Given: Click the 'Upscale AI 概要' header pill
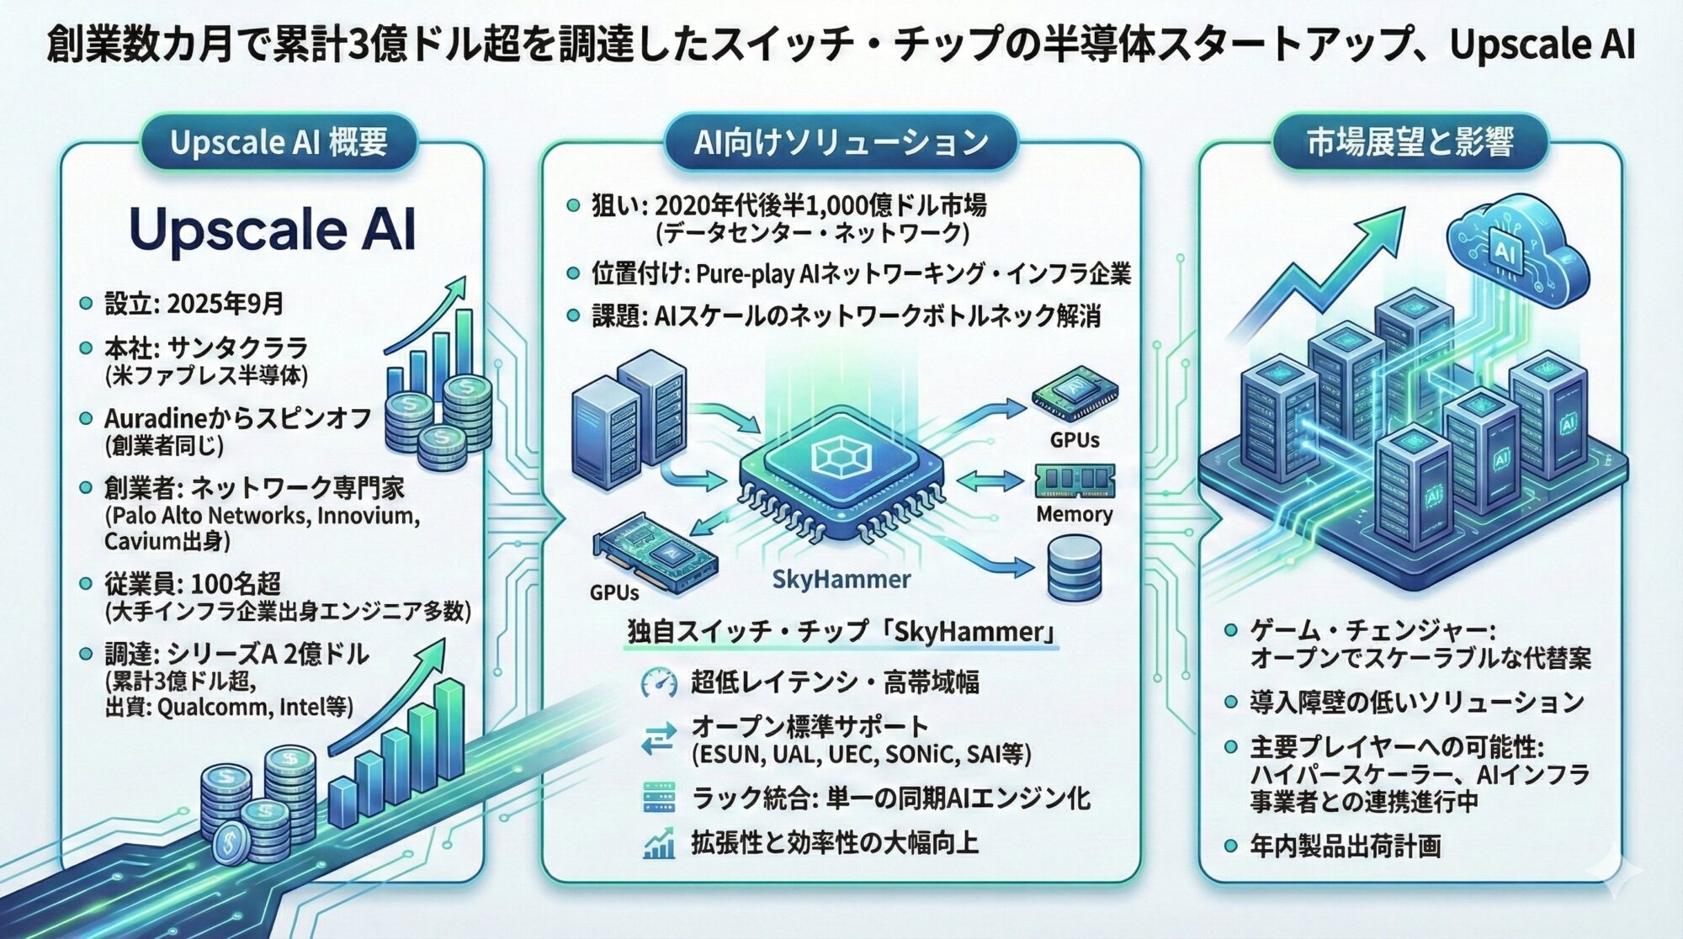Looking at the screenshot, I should pos(279,142).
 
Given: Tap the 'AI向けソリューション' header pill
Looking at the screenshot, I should pos(841,142).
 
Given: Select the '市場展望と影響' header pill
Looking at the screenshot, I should pos(1410,142).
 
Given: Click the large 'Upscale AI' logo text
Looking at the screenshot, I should pos(273,229).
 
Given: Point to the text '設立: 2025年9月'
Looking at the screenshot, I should pos(194,304).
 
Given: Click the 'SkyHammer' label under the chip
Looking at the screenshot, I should pos(841,579).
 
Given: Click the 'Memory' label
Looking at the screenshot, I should pos(1074,514).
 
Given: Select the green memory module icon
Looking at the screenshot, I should pos(1075,480).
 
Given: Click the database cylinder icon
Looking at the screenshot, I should pos(1074,568).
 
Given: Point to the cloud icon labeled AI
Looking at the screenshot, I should pos(1506,248).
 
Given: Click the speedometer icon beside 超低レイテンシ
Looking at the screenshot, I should pos(658,682).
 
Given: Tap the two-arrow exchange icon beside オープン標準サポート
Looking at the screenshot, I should pos(658,739).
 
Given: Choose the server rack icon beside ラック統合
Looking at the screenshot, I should pos(658,797).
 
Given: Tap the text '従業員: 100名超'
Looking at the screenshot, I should pos(193,583).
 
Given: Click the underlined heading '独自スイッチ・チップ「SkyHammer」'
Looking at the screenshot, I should pos(841,631).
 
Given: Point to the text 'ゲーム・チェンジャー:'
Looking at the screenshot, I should pos(1372,630).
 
